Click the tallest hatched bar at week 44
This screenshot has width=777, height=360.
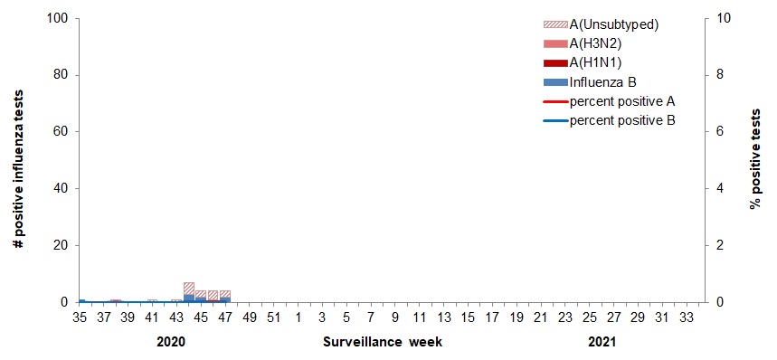click(x=188, y=289)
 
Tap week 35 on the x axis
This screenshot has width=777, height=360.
click(x=79, y=317)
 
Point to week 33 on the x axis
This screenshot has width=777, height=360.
click(x=687, y=317)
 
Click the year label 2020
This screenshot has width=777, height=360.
click(x=170, y=343)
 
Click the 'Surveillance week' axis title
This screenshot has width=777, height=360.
click(x=383, y=343)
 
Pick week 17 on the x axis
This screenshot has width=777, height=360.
click(x=492, y=317)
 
